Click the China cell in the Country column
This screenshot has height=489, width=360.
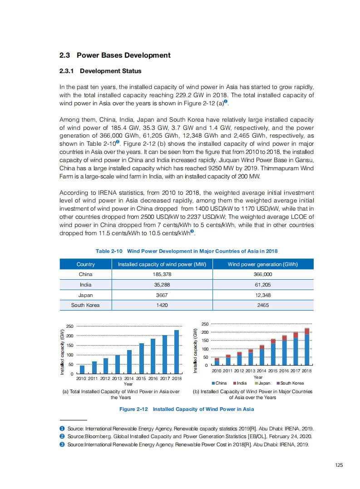click(x=85, y=274)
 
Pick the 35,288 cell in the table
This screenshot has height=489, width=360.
click(x=162, y=285)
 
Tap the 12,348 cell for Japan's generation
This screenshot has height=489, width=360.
click(x=263, y=295)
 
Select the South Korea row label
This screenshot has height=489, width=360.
click(x=85, y=305)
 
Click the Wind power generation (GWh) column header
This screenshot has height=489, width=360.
click(x=262, y=264)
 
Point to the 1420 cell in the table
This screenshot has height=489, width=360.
click(x=162, y=305)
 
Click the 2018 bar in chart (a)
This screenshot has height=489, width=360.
click(x=177, y=352)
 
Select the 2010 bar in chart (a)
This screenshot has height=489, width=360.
click(x=82, y=369)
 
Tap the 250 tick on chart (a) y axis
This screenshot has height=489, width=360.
click(x=70, y=326)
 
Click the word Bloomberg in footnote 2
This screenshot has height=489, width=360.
click(x=96, y=436)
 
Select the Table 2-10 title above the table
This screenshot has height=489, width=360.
click(x=187, y=251)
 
